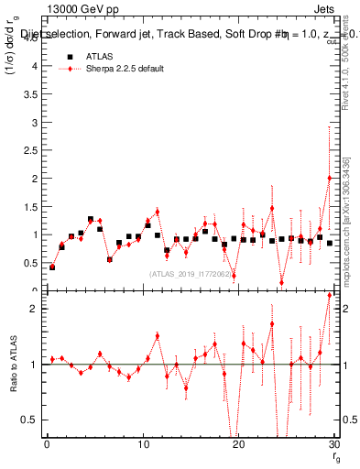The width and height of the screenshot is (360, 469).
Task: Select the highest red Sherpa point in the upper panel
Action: tap(329, 178)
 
